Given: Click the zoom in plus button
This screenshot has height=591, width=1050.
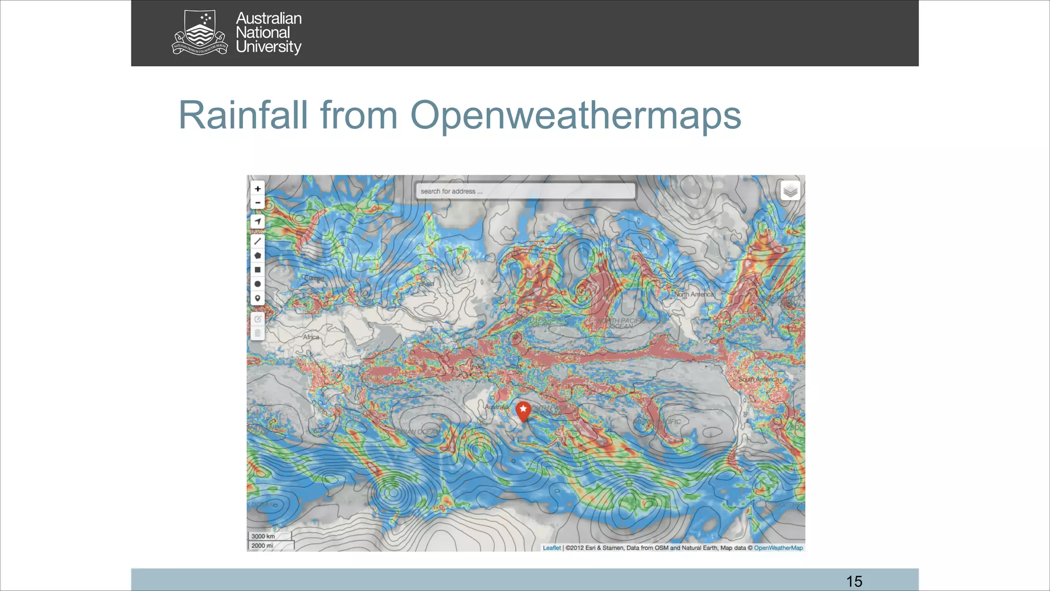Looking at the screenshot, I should coord(257,189).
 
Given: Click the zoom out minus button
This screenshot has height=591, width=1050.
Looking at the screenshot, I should coord(257,203).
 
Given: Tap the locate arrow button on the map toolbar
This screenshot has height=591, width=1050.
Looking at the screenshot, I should coord(257,222).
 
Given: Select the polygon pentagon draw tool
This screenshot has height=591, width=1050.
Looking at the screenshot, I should coord(257,255).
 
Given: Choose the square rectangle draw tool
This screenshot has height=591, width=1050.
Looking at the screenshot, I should coord(257,270).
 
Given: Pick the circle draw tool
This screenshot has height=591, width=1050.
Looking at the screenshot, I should coord(257,284).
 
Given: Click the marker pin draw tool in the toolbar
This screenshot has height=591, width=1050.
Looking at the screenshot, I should coord(257,298).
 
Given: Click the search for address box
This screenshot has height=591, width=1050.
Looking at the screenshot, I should coord(525,191).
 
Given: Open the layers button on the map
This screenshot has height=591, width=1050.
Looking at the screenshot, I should coord(790,191).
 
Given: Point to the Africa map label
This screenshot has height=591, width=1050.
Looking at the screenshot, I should coord(311,337).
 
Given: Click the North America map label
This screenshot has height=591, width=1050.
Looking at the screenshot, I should coord(694,294).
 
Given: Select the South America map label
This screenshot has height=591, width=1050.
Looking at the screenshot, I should coord(758,379).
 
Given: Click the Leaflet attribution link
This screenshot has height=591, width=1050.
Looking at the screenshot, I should coord(552,548).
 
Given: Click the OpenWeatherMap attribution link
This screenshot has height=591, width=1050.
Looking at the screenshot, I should coord(778,548).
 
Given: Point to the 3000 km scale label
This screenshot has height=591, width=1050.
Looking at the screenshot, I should coord(263,536).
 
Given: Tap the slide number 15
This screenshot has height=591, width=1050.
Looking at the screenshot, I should coord(854,581).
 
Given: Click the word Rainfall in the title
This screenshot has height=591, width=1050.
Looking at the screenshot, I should coord(243,115).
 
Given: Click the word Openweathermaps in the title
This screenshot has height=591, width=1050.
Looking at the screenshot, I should coord(575,116).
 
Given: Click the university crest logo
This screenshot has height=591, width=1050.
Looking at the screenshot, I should coord(199,32).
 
